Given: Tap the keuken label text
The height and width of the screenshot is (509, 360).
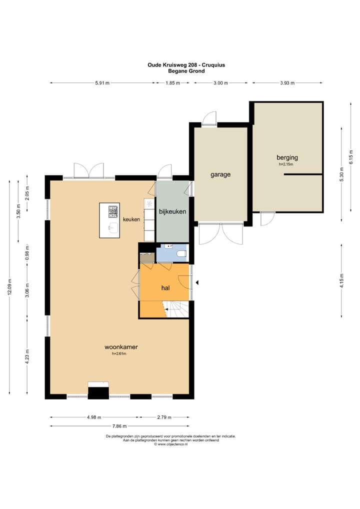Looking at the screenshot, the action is tap(131, 219).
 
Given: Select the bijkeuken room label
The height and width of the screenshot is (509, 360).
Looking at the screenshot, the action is tap(172, 211).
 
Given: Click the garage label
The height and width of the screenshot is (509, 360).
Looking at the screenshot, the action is tap(220, 174).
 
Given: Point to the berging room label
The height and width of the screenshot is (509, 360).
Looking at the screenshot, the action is tap(287, 158).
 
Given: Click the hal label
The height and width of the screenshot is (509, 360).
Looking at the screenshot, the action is tap(165, 288).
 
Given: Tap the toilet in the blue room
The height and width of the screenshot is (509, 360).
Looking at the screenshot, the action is tap(182, 253).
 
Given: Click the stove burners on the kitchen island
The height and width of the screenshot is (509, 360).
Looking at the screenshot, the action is tap(113, 211).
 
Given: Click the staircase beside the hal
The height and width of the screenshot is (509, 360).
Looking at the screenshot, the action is tap(175, 309).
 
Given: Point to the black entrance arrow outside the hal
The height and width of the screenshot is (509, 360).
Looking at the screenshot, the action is tap(197, 282).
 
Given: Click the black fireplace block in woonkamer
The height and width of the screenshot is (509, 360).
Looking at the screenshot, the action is tap(98, 393).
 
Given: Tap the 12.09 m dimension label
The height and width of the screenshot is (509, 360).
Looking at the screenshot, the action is tap(9, 287).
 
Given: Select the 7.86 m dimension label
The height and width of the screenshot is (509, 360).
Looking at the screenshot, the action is tap(119, 426).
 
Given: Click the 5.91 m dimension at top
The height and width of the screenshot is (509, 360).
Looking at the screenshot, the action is tap(102, 83).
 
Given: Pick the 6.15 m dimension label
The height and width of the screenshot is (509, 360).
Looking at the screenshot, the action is tap(350, 157).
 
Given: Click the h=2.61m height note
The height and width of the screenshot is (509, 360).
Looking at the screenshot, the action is tap(119, 354).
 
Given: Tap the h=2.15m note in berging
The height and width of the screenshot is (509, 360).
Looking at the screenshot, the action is tap(286, 164).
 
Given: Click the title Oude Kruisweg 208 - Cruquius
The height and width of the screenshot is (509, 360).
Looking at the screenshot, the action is tap(186, 65).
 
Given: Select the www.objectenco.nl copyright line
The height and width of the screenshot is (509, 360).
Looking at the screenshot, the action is tap(171, 444).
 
